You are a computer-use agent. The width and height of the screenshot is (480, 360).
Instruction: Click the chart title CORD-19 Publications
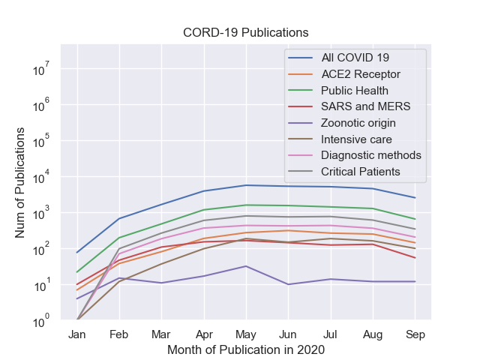coord(246,33)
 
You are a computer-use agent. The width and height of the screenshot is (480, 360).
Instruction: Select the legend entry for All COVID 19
coord(355,58)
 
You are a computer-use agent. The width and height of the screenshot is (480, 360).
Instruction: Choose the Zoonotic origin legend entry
coord(358,123)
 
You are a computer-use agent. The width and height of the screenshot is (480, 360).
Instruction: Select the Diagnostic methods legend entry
coord(371,156)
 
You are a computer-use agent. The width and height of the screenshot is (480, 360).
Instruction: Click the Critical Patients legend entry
coord(361,172)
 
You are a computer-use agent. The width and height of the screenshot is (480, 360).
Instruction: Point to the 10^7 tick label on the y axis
coord(40,70)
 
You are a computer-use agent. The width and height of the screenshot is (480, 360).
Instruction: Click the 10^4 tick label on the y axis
coord(40,178)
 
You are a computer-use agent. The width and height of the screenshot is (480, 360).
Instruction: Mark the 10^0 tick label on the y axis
coord(40,321)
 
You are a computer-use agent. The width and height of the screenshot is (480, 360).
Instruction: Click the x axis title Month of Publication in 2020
coord(246,349)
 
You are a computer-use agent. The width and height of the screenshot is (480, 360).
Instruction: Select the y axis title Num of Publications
coord(20,183)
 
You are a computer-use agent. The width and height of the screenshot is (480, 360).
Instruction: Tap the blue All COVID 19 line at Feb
coord(119,218)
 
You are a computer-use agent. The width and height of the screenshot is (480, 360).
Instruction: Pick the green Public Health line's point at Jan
coord(76,272)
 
